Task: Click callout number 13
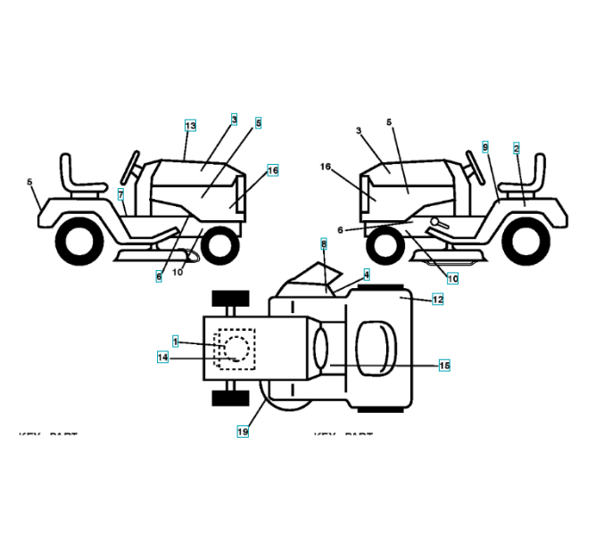(x=189, y=127)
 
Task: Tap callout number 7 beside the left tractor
(x=121, y=193)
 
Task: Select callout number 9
(x=485, y=145)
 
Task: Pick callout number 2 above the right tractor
(x=516, y=148)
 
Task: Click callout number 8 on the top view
(x=324, y=243)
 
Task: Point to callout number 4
(x=366, y=276)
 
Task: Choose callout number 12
(x=437, y=300)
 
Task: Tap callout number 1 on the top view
(x=176, y=342)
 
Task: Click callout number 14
(x=162, y=358)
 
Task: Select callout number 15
(x=444, y=365)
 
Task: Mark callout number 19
(x=243, y=432)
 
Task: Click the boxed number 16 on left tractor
(x=272, y=169)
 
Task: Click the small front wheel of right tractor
(x=384, y=244)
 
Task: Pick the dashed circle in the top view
(x=236, y=347)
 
